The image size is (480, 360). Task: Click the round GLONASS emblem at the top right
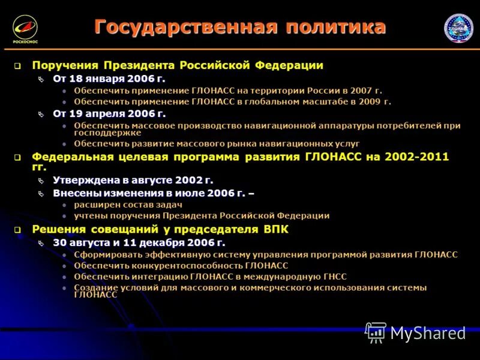[458, 28]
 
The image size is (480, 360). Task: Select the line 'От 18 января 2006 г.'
[109, 79]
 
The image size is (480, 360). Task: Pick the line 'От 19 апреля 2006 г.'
[109, 113]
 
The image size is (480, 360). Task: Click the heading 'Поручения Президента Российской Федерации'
[178, 65]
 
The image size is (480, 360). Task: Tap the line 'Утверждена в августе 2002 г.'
[133, 180]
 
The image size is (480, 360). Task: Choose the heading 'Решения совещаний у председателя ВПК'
[160, 229]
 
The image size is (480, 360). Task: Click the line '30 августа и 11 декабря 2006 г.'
[139, 242]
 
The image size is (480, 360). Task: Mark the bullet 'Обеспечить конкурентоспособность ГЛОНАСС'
[181, 265]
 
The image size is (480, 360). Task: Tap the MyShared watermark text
[428, 333]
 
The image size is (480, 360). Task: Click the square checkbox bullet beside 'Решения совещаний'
[18, 230]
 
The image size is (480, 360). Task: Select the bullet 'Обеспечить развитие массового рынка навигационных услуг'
[217, 144]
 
